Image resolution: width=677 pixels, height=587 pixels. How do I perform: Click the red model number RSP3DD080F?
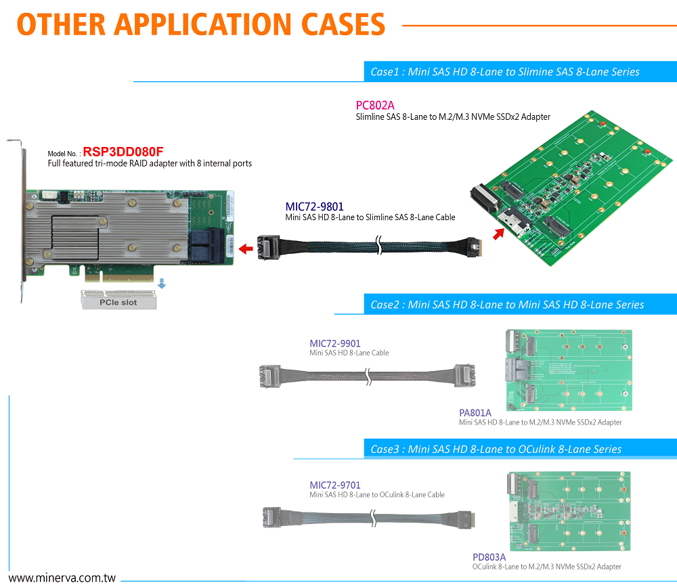point(123,152)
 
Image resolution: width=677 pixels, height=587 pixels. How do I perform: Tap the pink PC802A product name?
point(375,105)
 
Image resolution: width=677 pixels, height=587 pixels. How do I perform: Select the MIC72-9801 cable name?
point(314,206)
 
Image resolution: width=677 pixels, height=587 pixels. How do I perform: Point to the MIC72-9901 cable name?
point(335,343)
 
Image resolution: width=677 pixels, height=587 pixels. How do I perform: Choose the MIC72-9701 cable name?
point(335,485)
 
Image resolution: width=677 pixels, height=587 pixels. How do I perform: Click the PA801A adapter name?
point(475,412)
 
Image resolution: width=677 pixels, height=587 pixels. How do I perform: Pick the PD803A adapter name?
point(489,557)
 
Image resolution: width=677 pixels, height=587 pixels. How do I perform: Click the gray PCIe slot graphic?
point(118,299)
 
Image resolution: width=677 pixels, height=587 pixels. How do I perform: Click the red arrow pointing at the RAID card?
point(246,250)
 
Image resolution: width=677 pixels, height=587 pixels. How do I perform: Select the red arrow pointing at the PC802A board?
point(498,234)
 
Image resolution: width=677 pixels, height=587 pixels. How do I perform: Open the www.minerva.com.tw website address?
point(63,579)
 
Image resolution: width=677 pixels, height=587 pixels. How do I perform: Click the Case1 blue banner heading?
point(504,72)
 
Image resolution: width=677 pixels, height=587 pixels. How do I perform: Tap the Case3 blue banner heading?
point(496,449)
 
